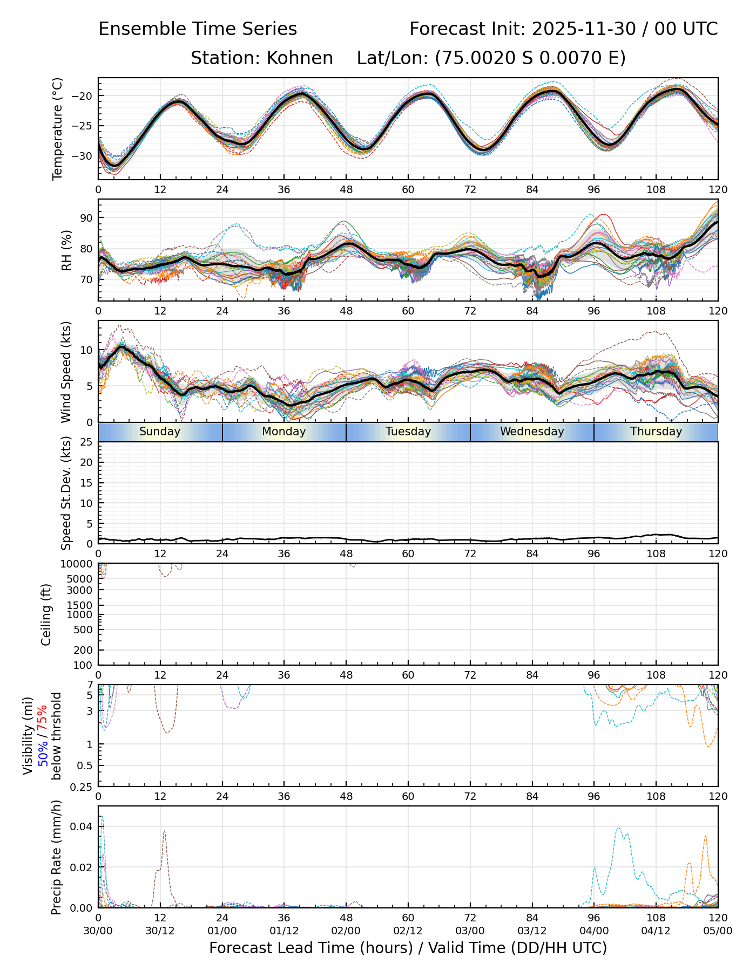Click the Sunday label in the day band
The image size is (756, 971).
(160, 432)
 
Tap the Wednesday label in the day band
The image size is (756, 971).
(532, 432)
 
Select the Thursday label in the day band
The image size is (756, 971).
(656, 432)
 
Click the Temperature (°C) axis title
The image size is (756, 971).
(57, 128)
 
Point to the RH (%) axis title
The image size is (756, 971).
(66, 250)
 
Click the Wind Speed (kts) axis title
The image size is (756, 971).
(66, 372)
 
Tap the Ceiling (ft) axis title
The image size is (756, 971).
(46, 614)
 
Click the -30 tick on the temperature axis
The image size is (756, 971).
(85, 156)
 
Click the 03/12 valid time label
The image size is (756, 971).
(532, 931)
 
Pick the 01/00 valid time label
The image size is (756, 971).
(222, 931)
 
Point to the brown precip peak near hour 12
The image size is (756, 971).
(164, 831)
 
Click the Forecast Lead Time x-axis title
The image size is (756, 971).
(408, 948)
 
